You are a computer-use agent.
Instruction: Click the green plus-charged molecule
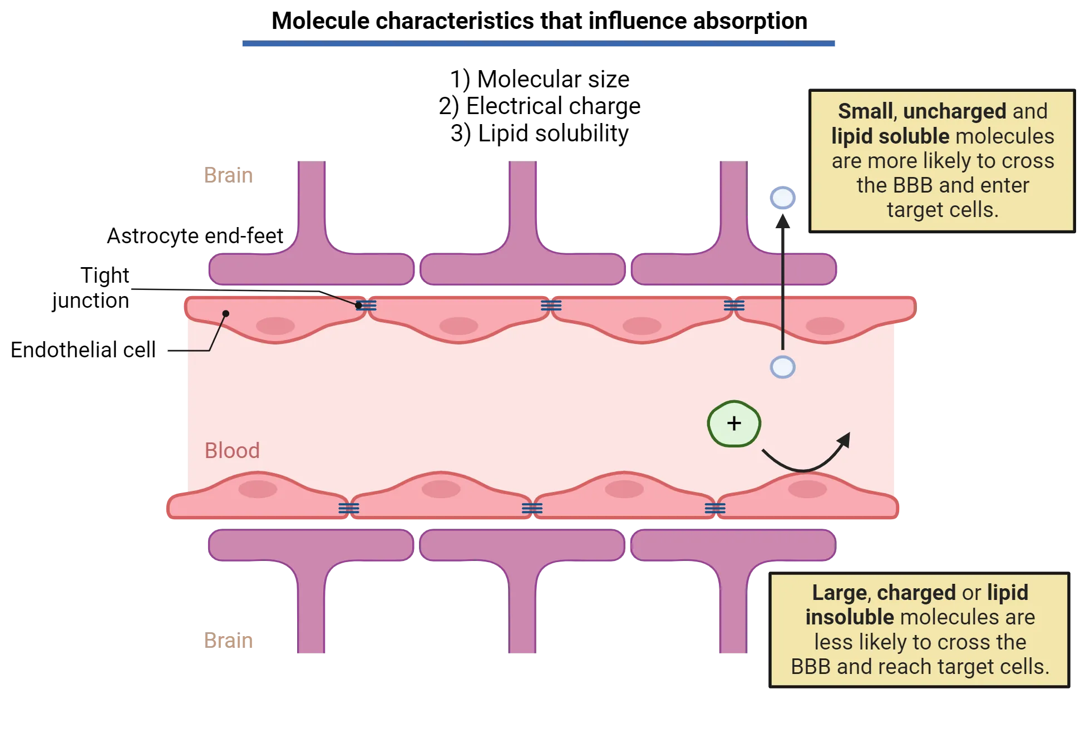(734, 424)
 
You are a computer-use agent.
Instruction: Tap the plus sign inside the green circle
(734, 424)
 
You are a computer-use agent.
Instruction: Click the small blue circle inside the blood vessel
(782, 367)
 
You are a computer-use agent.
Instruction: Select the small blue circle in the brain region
(782, 198)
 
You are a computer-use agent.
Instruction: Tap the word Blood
(232, 450)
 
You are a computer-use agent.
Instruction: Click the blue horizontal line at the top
(538, 44)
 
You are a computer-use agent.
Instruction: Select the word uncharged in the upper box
(954, 111)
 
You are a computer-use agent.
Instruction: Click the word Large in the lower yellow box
(839, 593)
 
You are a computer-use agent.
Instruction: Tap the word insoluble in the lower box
(850, 617)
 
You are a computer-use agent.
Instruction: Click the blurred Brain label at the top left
(229, 175)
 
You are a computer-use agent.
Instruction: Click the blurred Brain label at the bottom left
(229, 641)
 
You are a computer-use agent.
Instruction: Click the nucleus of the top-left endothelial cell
(275, 326)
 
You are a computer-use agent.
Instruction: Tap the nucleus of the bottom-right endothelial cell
(807, 489)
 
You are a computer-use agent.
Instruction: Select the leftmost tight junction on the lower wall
(349, 508)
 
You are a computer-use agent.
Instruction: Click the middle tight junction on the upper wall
(551, 306)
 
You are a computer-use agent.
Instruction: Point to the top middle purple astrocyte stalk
(523, 206)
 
